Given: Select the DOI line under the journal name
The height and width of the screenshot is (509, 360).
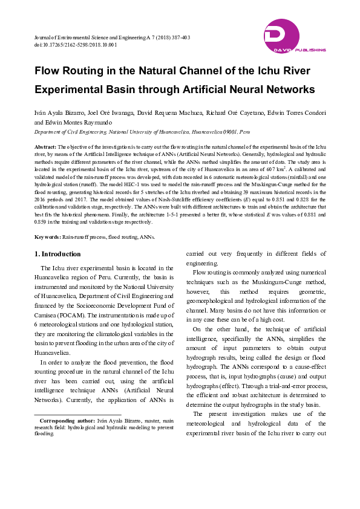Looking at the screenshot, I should click(x=75, y=45).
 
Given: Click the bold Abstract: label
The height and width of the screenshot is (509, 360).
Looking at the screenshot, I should click(x=45, y=147).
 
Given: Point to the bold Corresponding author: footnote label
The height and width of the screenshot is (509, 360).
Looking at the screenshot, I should click(x=67, y=420).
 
